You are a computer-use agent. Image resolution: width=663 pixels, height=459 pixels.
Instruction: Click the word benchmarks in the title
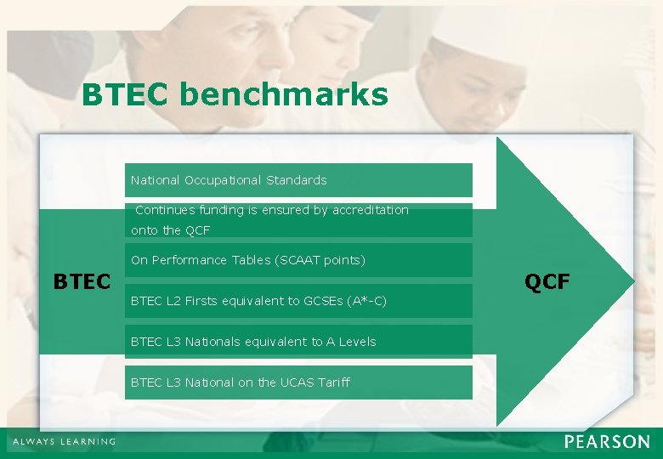coord(283,95)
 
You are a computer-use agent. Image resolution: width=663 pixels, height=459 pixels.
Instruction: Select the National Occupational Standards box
coord(297,180)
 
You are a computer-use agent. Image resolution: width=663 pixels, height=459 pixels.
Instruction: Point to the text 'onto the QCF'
coord(170,230)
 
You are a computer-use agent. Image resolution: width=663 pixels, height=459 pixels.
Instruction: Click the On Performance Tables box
coord(297,260)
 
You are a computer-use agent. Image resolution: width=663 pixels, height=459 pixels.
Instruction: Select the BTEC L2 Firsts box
coord(297,301)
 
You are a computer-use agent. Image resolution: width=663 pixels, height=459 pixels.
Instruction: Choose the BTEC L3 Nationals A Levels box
coord(297,342)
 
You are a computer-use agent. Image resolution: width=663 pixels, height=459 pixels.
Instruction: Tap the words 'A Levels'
coord(351,342)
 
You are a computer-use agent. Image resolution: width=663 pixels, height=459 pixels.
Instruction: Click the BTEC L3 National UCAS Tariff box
coord(297,382)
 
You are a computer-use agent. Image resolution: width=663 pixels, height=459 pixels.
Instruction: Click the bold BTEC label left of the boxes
coord(82,281)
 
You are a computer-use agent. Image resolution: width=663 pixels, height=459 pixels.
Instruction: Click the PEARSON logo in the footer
coord(606,442)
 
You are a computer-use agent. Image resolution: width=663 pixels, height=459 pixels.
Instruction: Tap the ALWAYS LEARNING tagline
coord(63,442)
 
